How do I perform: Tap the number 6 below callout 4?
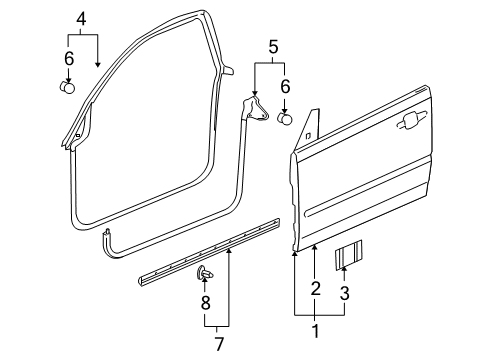tap(69, 59)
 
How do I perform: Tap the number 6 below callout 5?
tap(285, 87)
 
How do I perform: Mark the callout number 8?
tap(205, 301)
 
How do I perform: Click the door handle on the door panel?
tap(408, 121)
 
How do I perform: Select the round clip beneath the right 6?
tap(285, 119)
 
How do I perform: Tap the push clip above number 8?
tap(205, 273)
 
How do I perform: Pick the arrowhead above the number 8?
tap(205, 284)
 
